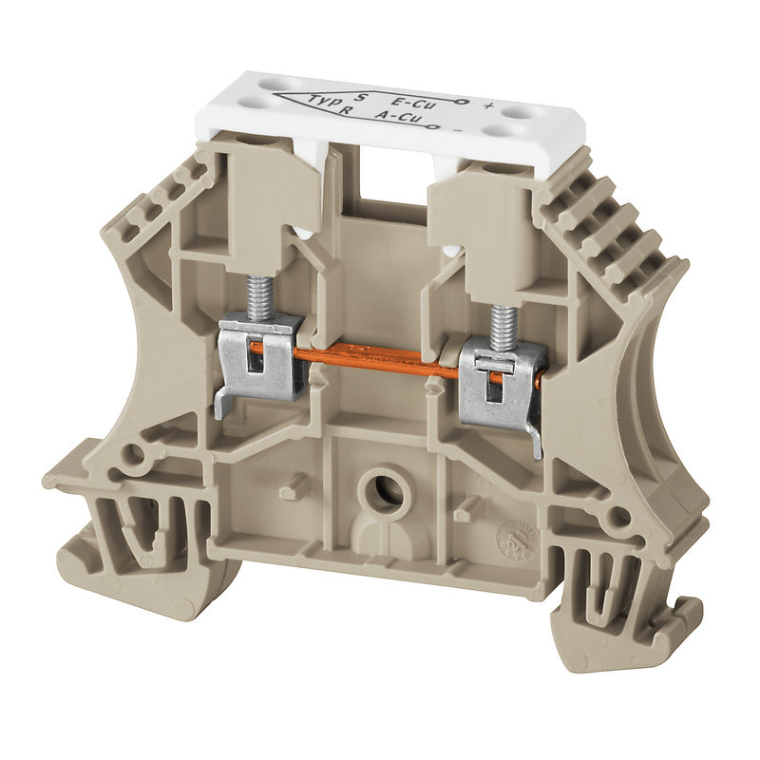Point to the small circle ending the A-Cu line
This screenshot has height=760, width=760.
(433, 123)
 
